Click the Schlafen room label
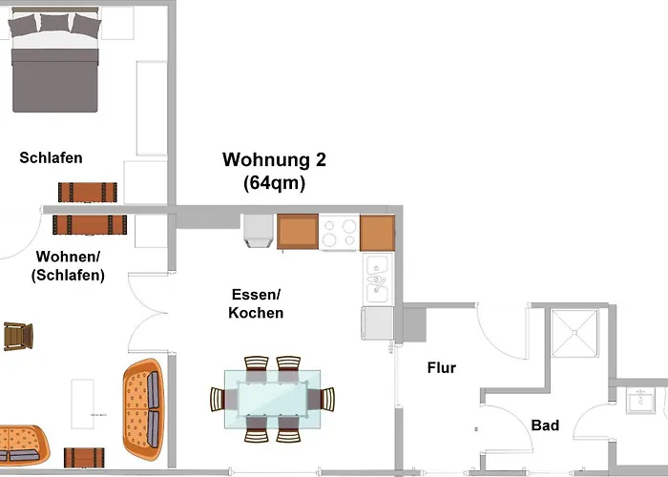tap(51, 158)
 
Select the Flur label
tap(442, 367)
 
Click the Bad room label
tap(545, 425)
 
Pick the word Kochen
tap(257, 313)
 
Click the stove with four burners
tap(339, 232)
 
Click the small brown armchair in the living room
tap(18, 336)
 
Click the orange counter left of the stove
tap(298, 232)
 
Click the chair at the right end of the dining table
tap(327, 399)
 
